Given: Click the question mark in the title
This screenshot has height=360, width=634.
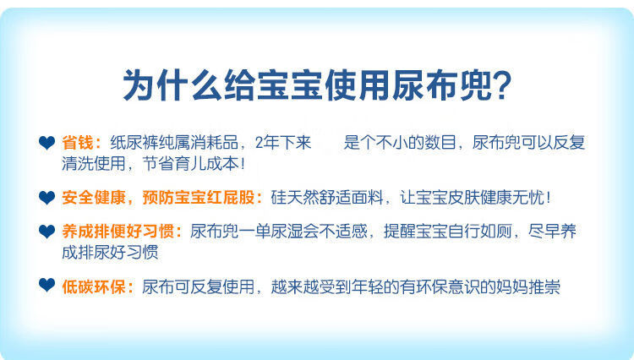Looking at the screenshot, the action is click(x=501, y=85).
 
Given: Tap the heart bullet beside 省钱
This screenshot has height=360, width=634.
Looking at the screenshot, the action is click(x=46, y=143).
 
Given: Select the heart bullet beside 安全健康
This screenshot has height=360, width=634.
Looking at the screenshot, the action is click(x=46, y=198).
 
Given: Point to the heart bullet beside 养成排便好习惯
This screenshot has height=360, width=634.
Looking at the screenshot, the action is click(x=46, y=232).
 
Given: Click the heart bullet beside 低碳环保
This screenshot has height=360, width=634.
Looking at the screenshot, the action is click(x=46, y=286).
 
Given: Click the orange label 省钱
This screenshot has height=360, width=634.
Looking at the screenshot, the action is click(x=78, y=143).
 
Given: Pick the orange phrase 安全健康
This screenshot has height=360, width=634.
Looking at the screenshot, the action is click(x=93, y=198).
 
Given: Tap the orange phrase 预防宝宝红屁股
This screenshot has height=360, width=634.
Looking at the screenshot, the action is click(x=198, y=198).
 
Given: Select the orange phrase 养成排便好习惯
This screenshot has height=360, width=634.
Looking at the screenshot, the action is click(x=118, y=232).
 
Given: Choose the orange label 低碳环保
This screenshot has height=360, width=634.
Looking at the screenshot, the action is click(x=93, y=286).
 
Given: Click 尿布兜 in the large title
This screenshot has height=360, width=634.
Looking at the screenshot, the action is click(x=441, y=85).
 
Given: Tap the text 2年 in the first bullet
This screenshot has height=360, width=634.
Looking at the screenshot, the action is click(x=267, y=143).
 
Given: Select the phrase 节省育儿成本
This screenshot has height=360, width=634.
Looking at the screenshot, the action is click(x=190, y=164).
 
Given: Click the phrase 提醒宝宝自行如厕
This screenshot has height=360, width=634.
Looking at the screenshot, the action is click(x=448, y=232).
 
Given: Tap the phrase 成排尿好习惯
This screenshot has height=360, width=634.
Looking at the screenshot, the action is click(x=110, y=253).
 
